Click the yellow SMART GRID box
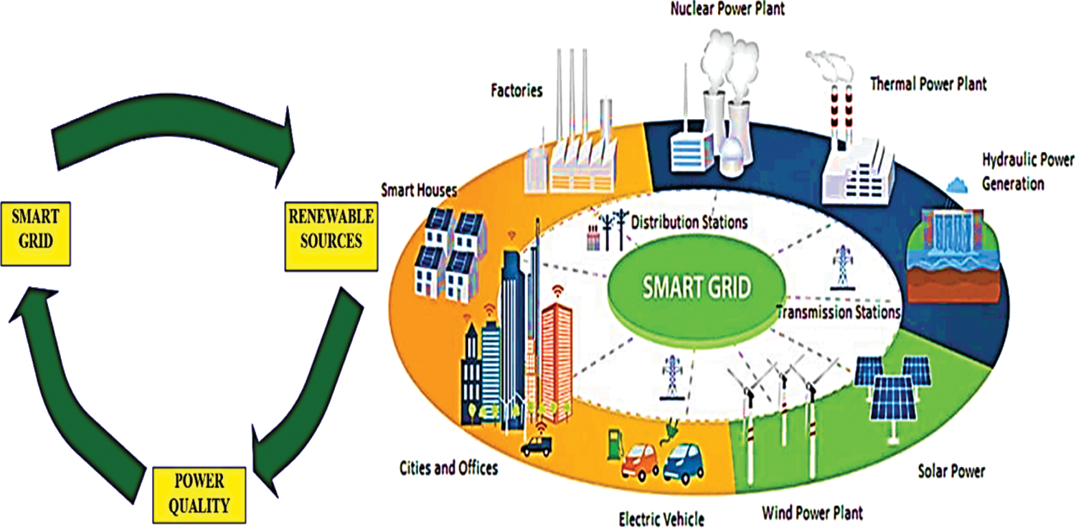coord(36,232)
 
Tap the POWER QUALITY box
coord(199,494)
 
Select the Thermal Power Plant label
coord(928,84)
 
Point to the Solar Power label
coord(951,471)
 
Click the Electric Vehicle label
coord(661,518)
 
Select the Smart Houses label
coord(420,190)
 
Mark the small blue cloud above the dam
coord(958,184)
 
